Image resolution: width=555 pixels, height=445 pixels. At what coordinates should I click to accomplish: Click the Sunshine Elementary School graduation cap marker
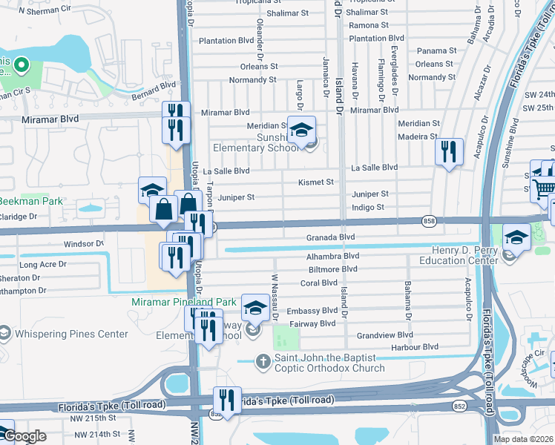click(x=301, y=131)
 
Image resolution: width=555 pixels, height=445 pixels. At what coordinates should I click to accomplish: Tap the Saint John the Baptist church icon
click(x=262, y=362)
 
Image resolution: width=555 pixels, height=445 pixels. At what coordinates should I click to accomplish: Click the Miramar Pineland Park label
click(x=184, y=302)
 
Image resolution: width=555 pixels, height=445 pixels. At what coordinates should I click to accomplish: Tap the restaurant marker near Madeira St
click(x=449, y=153)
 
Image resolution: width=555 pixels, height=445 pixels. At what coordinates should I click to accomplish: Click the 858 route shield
click(x=428, y=221)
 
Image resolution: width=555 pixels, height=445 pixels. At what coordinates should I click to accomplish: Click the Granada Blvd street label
click(x=331, y=237)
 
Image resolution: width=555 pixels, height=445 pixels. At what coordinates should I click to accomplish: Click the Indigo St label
click(x=368, y=208)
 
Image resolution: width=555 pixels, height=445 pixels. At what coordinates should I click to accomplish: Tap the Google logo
click(x=24, y=436)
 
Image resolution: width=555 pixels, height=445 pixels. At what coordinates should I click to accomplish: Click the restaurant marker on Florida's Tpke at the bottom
click(x=228, y=400)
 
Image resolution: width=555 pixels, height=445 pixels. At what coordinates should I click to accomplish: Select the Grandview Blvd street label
click(x=384, y=335)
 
